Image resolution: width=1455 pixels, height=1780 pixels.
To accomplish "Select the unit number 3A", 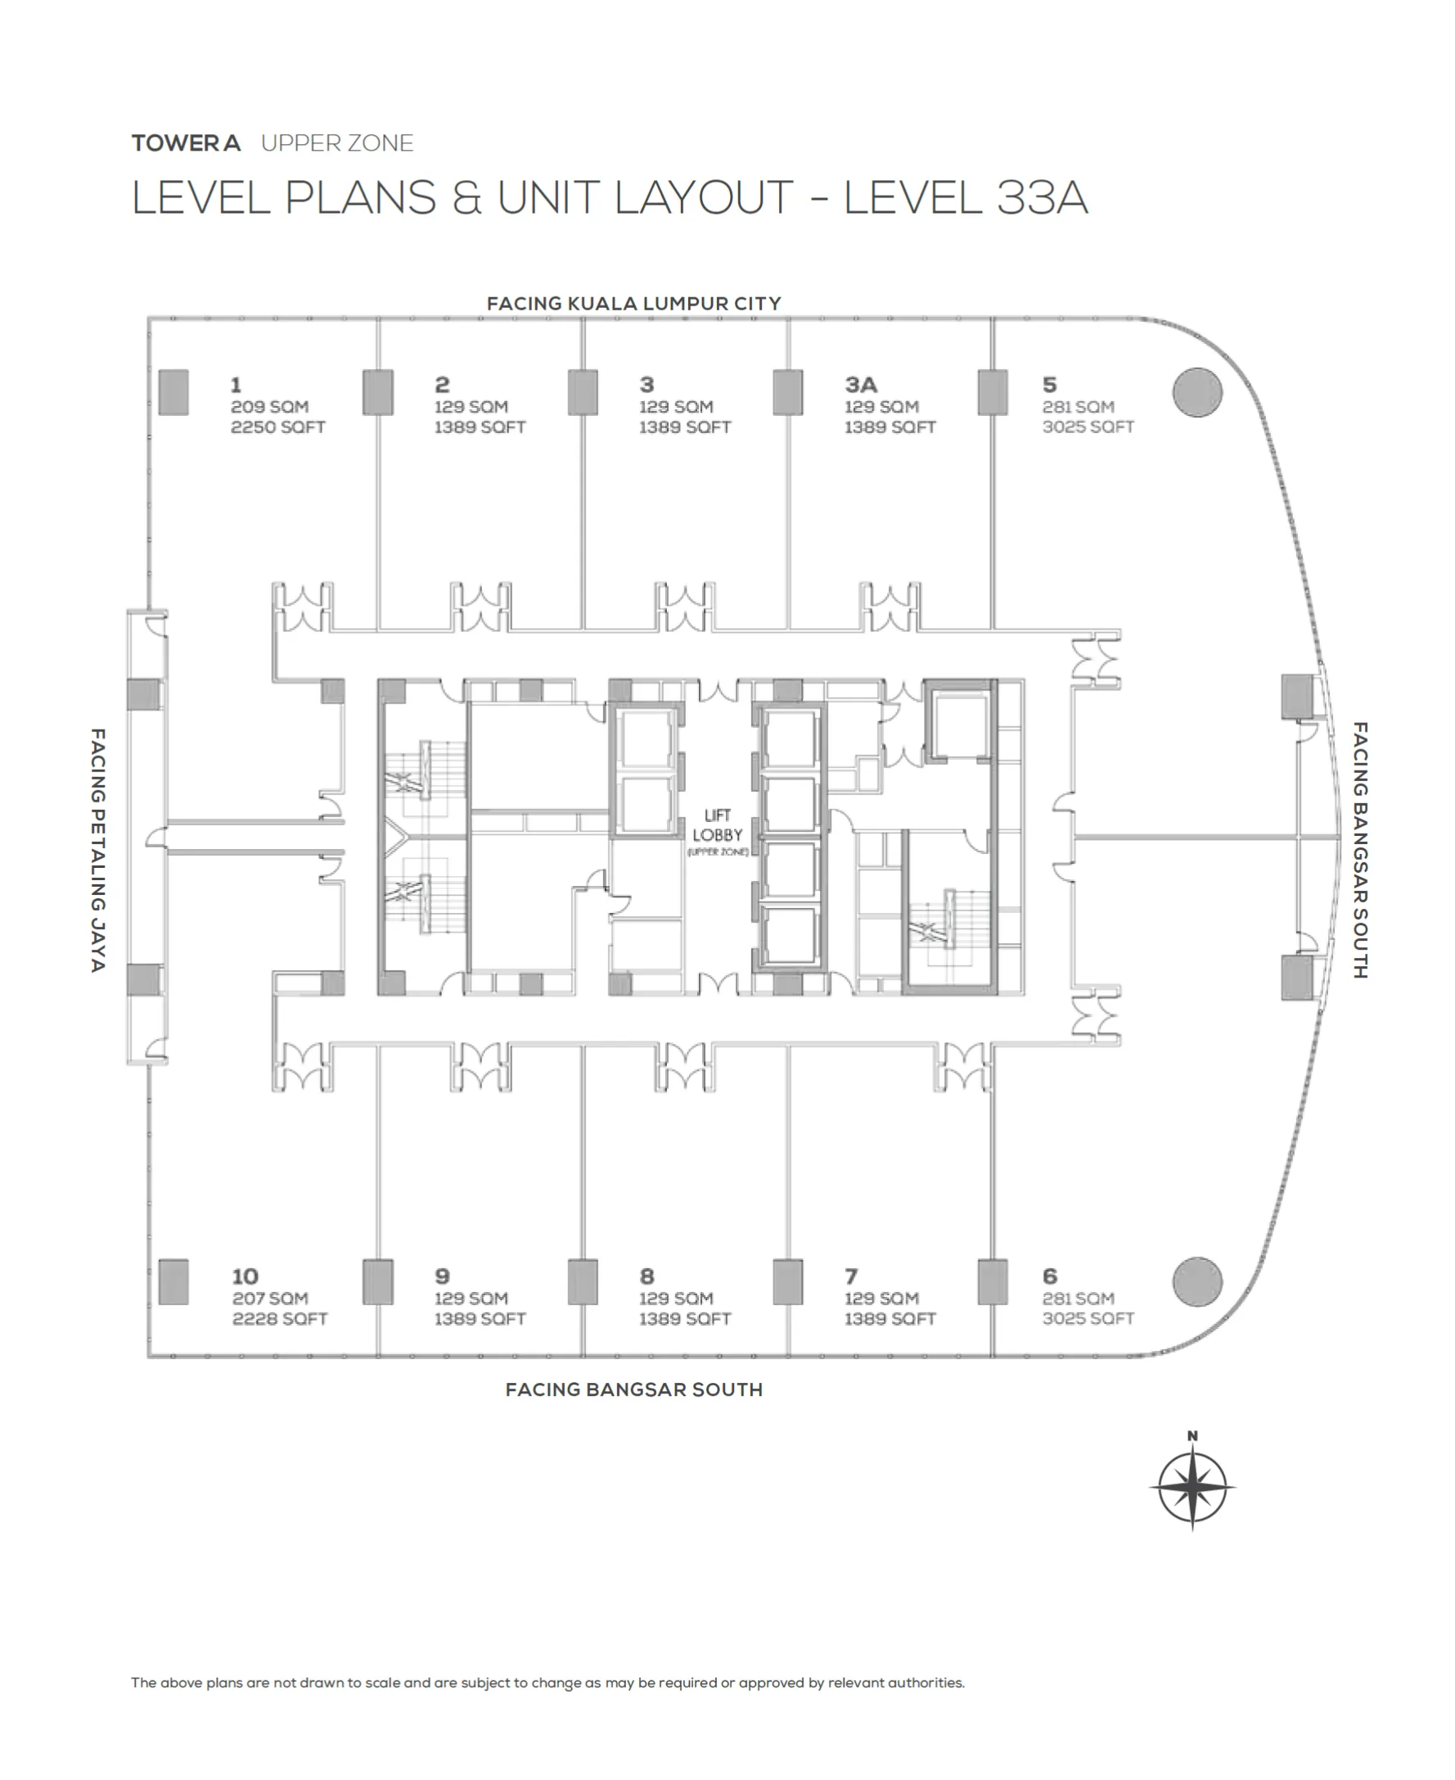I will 860,385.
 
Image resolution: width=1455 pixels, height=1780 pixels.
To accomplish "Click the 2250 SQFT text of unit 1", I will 277,427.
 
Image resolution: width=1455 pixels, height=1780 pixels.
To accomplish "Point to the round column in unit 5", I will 1197,392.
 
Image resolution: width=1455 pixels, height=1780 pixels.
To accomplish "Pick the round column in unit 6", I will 1197,1281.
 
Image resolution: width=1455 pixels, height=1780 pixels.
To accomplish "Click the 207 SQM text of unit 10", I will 270,1298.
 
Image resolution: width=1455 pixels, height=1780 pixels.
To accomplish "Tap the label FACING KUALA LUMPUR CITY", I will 633,304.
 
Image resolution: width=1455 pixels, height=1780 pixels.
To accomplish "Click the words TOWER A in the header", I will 186,143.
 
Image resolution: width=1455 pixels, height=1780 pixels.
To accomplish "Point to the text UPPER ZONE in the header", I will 337,143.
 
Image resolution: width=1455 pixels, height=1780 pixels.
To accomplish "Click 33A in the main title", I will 1042,199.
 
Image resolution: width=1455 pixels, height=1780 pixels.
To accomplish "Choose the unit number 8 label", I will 647,1276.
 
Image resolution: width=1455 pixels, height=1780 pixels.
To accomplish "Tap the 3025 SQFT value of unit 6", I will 1087,1319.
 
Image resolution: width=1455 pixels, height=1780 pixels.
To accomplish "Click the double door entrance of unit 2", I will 481,607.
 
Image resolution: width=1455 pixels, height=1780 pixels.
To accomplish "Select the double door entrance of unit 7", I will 964,1067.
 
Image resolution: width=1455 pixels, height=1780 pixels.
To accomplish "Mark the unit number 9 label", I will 443,1276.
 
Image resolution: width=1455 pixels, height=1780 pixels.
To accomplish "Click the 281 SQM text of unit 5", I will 1078,407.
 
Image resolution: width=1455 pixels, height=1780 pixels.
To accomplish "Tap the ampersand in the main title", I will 466,199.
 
